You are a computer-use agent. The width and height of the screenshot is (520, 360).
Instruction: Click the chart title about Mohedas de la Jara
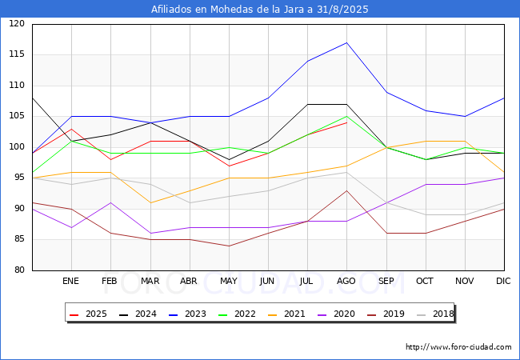[260, 10]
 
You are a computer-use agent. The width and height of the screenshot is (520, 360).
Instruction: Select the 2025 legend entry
[88, 314]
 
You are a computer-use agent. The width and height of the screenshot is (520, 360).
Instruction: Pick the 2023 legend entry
[187, 314]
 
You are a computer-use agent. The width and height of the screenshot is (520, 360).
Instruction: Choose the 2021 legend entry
[286, 314]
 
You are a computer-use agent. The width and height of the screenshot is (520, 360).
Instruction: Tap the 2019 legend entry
[386, 314]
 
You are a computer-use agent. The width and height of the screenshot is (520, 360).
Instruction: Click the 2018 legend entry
[435, 314]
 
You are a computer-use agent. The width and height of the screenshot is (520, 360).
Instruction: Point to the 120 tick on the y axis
[17, 23]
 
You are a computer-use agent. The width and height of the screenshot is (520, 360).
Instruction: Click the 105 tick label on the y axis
[17, 116]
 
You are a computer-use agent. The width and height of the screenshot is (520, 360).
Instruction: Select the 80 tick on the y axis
[19, 270]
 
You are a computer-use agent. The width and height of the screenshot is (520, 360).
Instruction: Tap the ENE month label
[70, 281]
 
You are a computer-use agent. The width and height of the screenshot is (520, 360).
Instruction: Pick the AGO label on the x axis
[346, 281]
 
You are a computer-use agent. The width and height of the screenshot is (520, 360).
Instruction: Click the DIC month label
[503, 281]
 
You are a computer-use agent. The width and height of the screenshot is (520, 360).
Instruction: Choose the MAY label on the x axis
[229, 281]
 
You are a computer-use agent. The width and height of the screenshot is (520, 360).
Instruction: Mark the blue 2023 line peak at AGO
[346, 42]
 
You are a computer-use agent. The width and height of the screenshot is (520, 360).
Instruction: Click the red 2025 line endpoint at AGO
[346, 122]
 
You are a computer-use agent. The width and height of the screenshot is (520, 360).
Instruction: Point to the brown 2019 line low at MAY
[229, 246]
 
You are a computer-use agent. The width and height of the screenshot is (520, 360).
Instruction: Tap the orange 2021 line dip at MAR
[150, 203]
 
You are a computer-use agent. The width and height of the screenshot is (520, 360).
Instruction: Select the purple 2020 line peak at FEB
[110, 202]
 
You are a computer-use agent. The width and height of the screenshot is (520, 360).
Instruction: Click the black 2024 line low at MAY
[229, 160]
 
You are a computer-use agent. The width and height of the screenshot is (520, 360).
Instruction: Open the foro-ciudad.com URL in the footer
[458, 347]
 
